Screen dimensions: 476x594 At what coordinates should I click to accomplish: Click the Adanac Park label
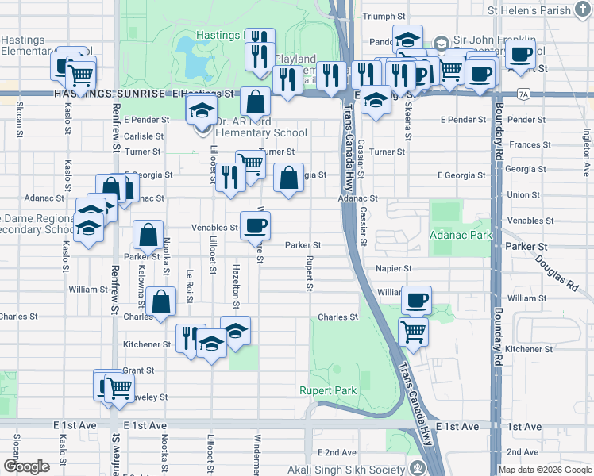click(460, 235)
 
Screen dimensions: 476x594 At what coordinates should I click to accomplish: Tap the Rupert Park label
click(328, 390)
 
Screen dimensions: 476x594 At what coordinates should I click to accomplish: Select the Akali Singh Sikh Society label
click(347, 466)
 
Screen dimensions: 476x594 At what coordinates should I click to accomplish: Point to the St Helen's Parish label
click(529, 10)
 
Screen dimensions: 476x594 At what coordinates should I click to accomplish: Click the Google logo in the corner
click(26, 466)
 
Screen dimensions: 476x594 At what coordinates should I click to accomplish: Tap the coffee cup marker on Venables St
click(255, 225)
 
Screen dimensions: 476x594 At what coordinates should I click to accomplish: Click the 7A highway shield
click(522, 94)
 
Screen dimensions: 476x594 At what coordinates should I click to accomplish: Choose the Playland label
click(295, 59)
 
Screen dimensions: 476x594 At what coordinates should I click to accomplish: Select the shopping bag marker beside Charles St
click(161, 302)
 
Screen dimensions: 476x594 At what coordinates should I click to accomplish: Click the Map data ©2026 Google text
click(545, 470)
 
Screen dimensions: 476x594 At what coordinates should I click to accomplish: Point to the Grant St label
click(138, 370)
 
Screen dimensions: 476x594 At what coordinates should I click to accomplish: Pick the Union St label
click(523, 194)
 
